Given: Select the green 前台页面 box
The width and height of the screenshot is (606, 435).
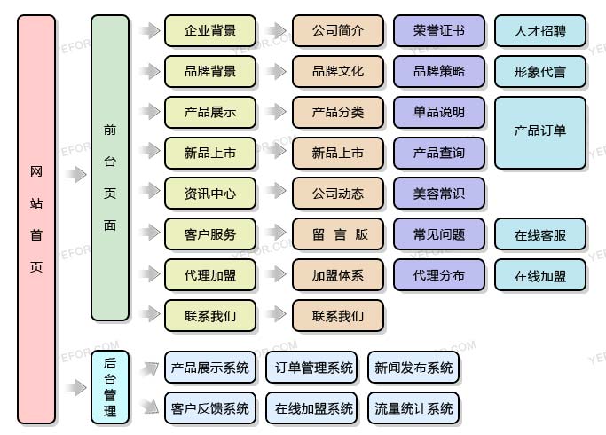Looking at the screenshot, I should [x=110, y=168].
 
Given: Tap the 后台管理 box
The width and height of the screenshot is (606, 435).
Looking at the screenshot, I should [x=110, y=386].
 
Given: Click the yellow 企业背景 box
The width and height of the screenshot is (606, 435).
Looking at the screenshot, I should [x=210, y=31].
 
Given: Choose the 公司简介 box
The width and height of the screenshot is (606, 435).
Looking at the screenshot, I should [x=338, y=31].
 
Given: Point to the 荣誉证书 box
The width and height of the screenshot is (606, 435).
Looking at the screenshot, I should [x=439, y=31].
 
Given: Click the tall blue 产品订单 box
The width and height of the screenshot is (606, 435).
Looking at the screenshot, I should [x=540, y=132].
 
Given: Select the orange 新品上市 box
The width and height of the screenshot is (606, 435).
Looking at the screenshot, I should [x=338, y=153].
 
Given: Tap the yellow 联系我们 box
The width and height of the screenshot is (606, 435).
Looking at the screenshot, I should [x=210, y=315].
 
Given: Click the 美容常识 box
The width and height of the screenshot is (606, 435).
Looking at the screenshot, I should [x=439, y=194].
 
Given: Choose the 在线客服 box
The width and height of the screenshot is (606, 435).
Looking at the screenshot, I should [x=540, y=235].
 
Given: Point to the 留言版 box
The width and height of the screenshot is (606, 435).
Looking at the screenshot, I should [x=338, y=234].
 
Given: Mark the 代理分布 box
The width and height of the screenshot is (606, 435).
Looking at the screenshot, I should [x=439, y=275].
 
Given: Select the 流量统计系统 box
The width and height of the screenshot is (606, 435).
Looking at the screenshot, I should [x=413, y=408].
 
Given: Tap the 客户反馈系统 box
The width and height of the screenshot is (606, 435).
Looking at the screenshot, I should [x=210, y=408].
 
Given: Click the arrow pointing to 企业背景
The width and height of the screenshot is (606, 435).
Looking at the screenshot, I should [x=148, y=31].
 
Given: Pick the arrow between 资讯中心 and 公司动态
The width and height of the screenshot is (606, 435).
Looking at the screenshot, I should [x=276, y=194].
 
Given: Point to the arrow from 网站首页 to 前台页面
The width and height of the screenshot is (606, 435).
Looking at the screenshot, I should [x=75, y=175].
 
